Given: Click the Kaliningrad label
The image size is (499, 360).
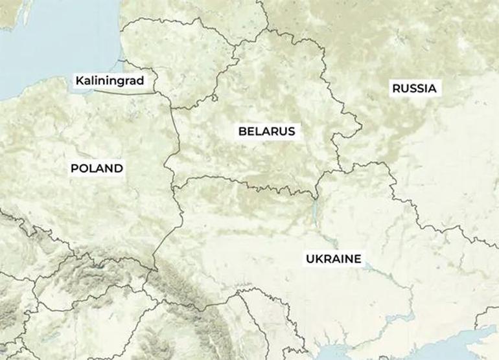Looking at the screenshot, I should click(108, 82).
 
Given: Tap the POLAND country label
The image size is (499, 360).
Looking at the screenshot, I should click(97, 168).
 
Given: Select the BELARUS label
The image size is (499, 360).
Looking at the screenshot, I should click(266, 131).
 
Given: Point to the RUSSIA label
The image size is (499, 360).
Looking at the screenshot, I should click(415, 88).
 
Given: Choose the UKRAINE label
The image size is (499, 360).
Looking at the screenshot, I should click(333, 259).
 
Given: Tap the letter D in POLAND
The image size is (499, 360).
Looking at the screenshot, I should click(118, 168).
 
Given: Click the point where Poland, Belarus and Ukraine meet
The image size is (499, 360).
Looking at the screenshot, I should click(173, 185).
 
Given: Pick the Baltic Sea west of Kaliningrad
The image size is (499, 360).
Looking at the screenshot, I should click(39, 58).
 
